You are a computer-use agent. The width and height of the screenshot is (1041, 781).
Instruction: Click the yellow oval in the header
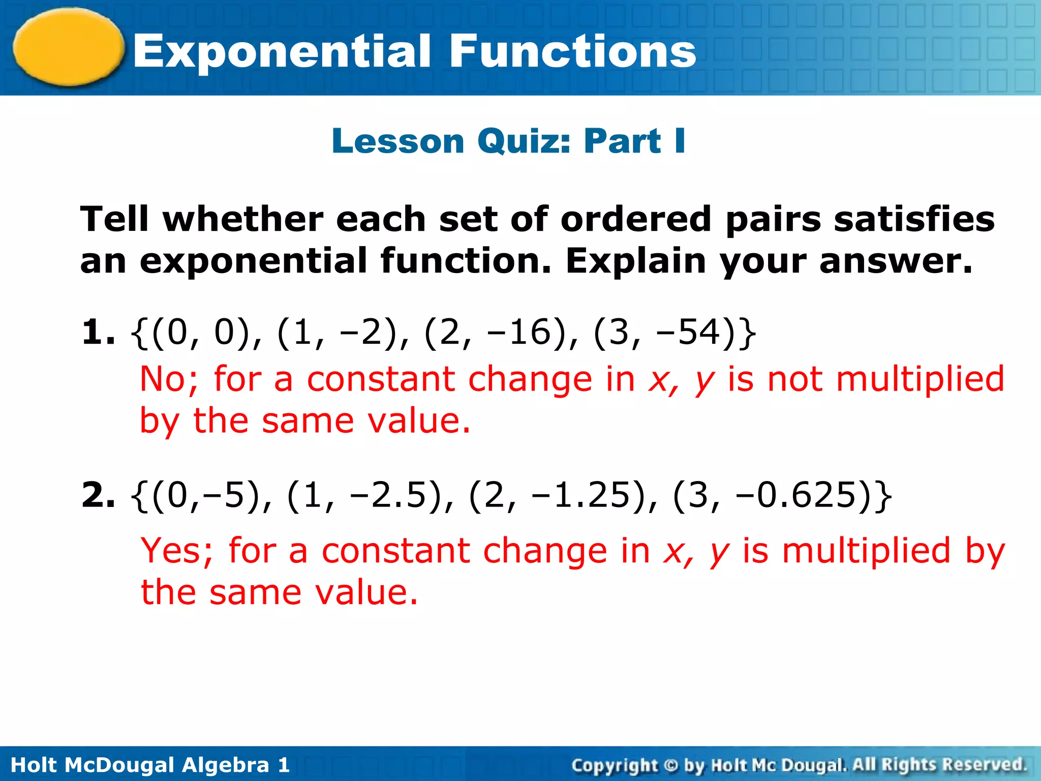tap(69, 47)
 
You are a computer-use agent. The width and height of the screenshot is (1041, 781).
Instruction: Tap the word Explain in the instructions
tap(636, 261)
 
